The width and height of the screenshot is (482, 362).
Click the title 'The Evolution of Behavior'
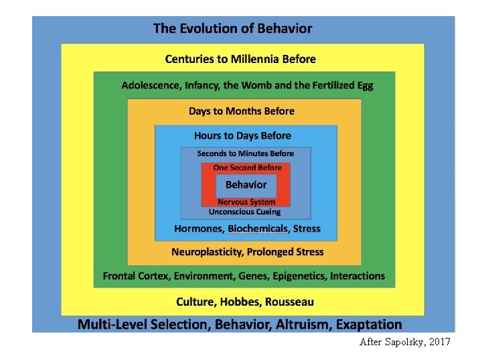pos(232,29)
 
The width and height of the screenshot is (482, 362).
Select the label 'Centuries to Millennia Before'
pos(240,59)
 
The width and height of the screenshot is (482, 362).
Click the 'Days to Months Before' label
pos(241,111)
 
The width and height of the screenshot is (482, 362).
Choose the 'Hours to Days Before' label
pos(242,136)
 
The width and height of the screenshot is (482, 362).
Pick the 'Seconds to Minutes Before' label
pos(245,154)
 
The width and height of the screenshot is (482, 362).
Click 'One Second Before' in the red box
pos(247,168)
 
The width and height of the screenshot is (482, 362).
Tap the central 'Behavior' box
pos(246,185)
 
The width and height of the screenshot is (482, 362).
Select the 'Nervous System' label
pos(246,202)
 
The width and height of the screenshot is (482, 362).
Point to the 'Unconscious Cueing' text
pos(244,213)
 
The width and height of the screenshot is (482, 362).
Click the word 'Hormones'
pos(197,229)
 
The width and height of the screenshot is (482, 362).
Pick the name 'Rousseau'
pos(289,302)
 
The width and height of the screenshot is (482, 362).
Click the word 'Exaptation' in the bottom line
pos(369,324)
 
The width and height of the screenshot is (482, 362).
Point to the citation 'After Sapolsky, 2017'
pos(405,342)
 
